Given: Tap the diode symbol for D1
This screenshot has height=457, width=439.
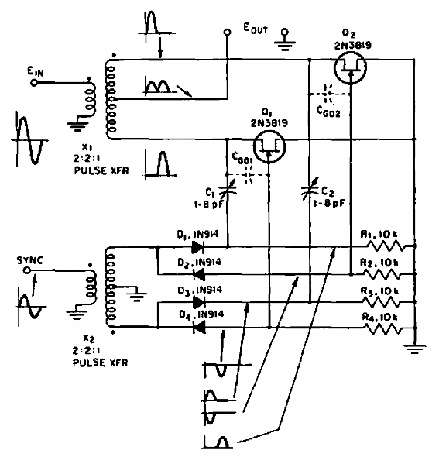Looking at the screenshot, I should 197,248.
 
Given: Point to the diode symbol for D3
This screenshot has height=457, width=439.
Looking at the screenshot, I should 197,301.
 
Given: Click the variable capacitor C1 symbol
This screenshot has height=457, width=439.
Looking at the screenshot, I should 227,186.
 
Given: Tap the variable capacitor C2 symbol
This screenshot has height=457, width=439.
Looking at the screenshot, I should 309,186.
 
